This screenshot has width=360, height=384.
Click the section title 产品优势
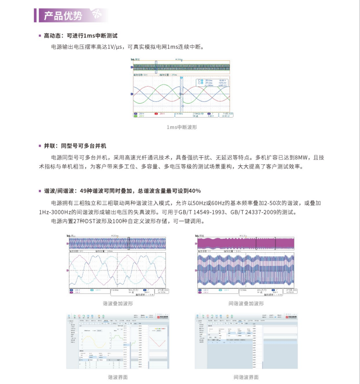[x=63, y=16]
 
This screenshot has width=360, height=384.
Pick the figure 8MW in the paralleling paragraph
[x=301, y=157]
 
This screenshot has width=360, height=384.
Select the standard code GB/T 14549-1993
[x=195, y=212]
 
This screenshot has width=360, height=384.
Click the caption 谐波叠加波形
[x=117, y=303]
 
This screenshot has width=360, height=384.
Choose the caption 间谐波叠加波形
[x=246, y=303]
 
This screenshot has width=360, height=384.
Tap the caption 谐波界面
[x=117, y=377]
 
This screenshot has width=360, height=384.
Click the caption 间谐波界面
[x=246, y=377]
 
